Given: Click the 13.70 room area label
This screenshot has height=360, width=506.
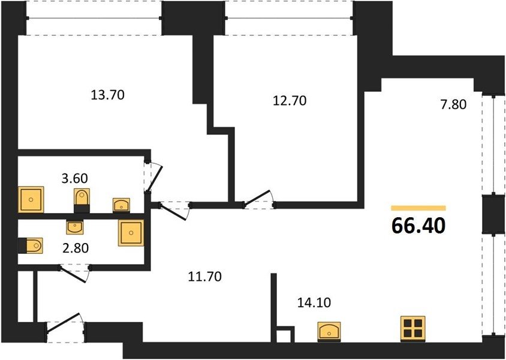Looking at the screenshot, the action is [107, 95].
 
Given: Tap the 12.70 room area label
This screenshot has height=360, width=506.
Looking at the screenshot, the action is [290, 101].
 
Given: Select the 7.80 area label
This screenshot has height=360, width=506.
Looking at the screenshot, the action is [453, 104].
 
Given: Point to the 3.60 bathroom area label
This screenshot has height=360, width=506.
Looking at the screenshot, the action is [74, 178].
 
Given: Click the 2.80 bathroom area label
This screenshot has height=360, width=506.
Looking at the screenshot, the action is [75, 248].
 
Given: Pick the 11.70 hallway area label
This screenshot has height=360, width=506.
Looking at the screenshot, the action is [205, 277].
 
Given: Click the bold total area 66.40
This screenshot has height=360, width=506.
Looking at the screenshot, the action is [418, 226].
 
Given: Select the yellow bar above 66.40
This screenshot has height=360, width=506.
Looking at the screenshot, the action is [418, 208].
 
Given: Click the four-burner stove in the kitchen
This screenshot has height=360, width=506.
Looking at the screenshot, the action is [412, 328].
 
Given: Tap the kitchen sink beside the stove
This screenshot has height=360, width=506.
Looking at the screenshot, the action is [329, 331].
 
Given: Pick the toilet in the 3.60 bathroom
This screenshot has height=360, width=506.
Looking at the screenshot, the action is [82, 200].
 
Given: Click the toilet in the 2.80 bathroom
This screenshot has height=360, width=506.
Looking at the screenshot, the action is [31, 246].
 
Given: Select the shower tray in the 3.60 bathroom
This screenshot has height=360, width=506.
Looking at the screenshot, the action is [31, 200].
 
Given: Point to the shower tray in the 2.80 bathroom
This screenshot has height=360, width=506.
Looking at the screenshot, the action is [131, 233].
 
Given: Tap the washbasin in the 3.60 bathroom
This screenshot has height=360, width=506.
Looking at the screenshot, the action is [121, 205].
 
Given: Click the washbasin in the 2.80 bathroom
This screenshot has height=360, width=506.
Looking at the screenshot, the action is [74, 227].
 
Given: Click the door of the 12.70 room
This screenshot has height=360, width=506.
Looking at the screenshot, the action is [257, 197].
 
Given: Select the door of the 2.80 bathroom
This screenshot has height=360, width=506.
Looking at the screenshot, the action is [73, 274].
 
